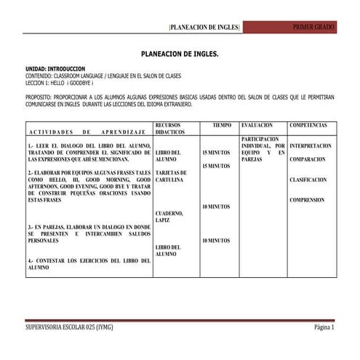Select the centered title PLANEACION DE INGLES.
point(179,55)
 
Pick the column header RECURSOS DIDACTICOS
point(172,129)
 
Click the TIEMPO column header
point(222,125)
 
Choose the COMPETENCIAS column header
point(308,125)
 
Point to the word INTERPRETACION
point(311,145)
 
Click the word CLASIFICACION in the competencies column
point(308,179)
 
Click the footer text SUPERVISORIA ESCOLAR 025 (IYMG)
point(69,327)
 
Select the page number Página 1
point(324,327)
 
